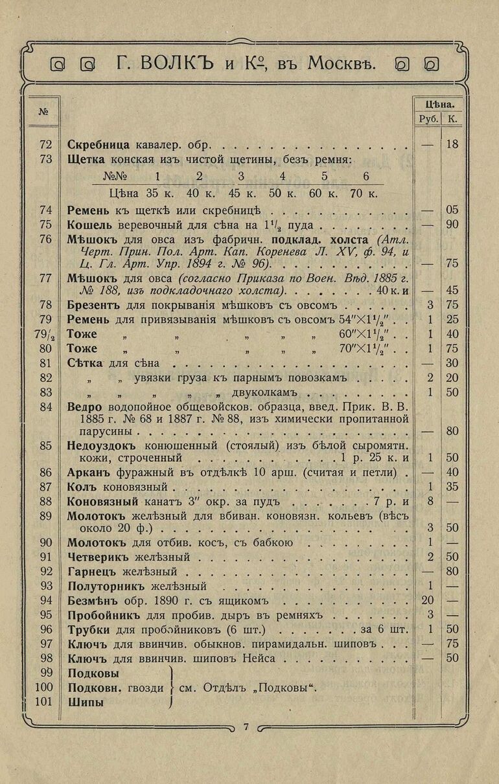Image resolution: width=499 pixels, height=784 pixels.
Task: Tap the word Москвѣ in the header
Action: coord(342,63)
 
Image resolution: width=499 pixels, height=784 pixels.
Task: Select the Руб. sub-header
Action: coord(428,119)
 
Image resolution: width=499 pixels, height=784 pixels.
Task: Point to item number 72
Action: coord(45,144)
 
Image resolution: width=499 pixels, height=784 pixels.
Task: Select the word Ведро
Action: coord(82,407)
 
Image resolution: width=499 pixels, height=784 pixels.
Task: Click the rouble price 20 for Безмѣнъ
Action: coord(427,600)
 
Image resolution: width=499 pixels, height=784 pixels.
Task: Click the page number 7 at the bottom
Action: coord(246,726)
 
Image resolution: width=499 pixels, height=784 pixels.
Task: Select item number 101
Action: coord(43,702)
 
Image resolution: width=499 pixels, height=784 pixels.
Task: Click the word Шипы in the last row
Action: coord(86,702)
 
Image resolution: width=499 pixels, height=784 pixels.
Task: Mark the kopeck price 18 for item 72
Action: coord(452,144)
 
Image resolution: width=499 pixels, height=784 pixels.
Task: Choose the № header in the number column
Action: coord(43,111)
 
